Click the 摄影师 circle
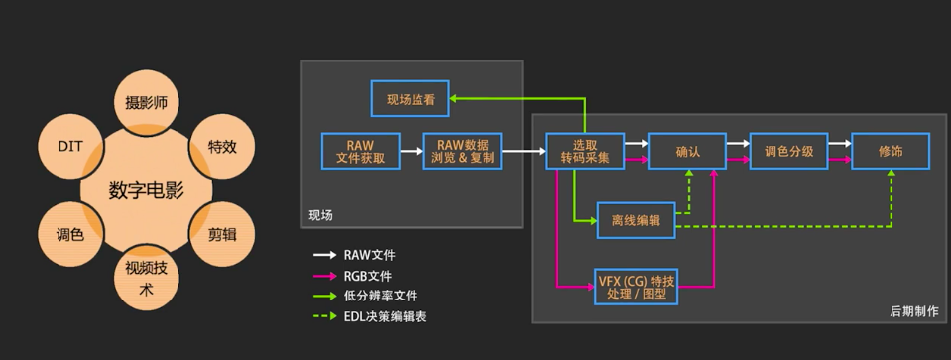146,102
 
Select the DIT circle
70,146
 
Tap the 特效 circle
221,146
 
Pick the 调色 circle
70,234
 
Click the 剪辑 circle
221,234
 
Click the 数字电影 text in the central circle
146,190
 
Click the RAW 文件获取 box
361,151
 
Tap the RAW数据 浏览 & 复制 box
462,151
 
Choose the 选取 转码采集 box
584,151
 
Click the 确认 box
687,151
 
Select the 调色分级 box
788,151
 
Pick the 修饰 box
890,151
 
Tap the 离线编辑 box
636,221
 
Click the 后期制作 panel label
913,311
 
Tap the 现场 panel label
320,214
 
